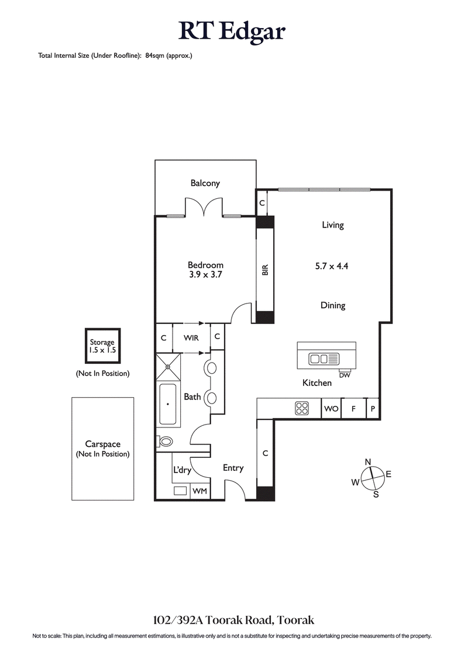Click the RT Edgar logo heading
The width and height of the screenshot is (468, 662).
tap(232, 30)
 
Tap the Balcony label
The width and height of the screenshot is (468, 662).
tap(205, 183)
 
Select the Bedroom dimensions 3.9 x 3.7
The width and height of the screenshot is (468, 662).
tap(205, 274)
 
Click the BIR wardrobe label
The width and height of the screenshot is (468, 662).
tap(265, 270)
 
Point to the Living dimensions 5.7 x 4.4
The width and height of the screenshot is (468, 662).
tap(332, 266)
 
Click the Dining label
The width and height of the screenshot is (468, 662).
tap(332, 305)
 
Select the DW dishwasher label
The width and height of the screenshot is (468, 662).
tap(344, 375)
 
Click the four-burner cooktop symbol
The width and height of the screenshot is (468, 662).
tap(302, 409)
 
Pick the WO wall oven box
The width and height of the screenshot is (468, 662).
tap(331, 409)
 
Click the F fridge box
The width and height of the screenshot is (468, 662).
tap(353, 409)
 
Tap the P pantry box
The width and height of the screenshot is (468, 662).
tap(373, 409)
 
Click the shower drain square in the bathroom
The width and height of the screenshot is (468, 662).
tap(168, 367)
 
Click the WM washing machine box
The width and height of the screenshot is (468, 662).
tap(200, 491)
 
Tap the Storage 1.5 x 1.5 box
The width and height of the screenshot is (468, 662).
tap(102, 347)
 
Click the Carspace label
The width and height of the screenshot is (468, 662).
tap(102, 444)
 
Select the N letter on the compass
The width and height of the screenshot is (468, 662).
tap(368, 462)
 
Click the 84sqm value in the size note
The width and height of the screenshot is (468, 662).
tap(154, 56)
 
